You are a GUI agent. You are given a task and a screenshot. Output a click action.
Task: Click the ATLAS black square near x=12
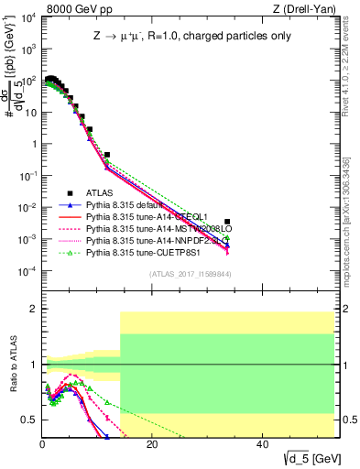(x=107, y=156)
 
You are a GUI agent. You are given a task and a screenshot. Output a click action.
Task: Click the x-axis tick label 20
(x=152, y=445)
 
